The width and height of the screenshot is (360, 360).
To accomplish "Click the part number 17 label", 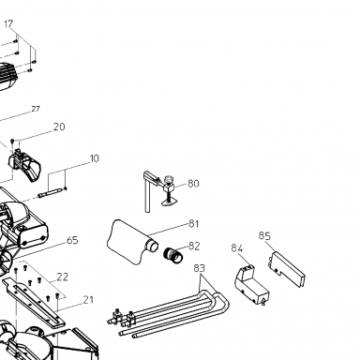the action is [x=8, y=23].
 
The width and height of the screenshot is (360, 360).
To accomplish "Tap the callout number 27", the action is [x=36, y=109].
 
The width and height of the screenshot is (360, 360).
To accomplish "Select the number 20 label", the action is [x=59, y=127].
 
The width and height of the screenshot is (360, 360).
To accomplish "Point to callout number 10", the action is [x=94, y=158].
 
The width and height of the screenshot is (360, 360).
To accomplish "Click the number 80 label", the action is [x=193, y=184].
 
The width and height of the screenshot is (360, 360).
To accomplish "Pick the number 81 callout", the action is [x=194, y=224].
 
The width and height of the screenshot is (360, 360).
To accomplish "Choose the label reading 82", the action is [x=194, y=246].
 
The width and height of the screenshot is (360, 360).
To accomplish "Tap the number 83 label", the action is [x=200, y=268].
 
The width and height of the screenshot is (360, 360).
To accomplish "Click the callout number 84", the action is [x=237, y=248].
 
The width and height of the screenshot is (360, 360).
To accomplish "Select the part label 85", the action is [x=264, y=235].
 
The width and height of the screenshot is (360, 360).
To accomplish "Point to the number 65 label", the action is [x=72, y=240].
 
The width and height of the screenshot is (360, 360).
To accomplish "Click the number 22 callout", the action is [x=62, y=277].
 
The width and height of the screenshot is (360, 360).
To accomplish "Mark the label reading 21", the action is [x=88, y=300].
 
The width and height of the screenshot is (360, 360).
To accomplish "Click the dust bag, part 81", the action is [x=129, y=242].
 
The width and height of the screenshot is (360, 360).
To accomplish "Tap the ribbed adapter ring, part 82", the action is [x=173, y=255].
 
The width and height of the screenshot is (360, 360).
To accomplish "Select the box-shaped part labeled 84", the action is [x=251, y=285].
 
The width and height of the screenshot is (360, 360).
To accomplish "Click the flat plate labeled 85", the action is [x=287, y=269].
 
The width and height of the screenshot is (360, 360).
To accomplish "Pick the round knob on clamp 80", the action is [x=169, y=180].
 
